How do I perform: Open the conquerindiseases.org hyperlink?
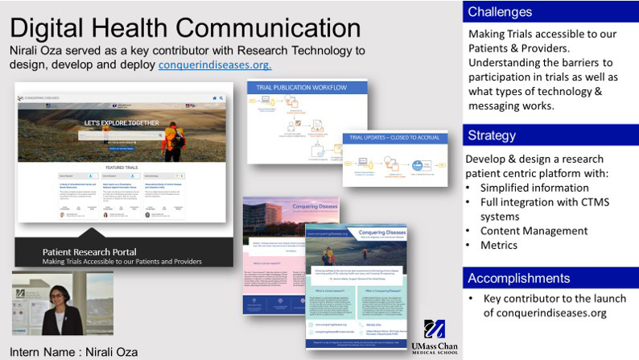[215, 64]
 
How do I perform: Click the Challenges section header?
[500, 11]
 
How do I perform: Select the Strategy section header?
[492, 134]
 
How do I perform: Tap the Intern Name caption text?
[74, 352]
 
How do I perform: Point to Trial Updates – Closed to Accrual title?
[394, 138]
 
